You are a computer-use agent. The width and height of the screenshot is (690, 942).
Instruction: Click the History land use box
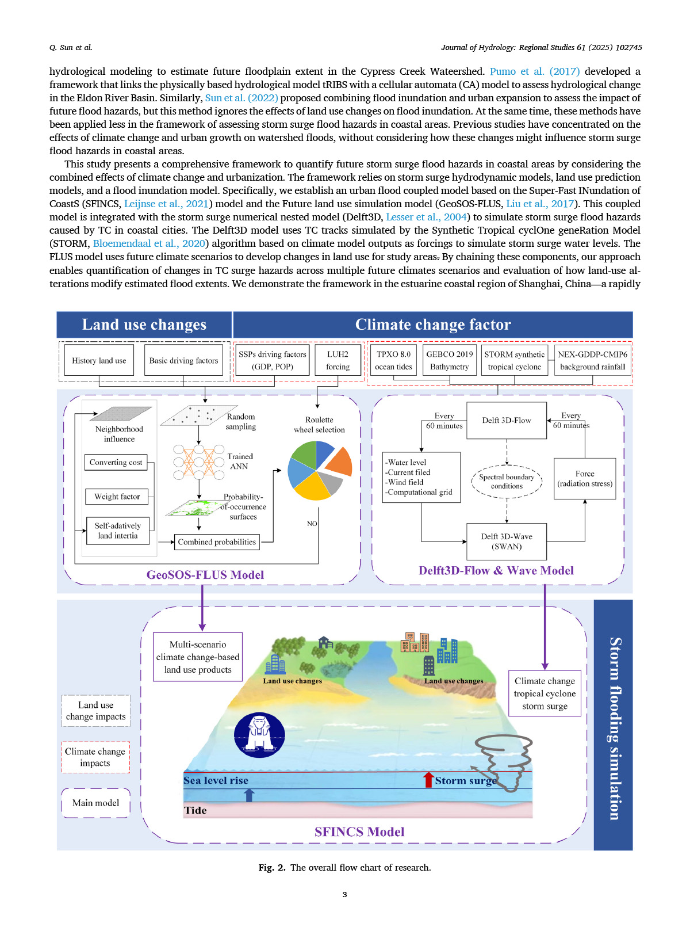[99, 360]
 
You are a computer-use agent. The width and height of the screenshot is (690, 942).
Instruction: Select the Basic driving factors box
[183, 360]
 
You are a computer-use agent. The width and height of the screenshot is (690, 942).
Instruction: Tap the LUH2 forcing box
[338, 360]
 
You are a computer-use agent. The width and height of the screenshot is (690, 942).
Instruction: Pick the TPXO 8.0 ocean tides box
[393, 360]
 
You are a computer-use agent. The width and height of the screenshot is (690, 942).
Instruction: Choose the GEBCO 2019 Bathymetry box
[449, 360]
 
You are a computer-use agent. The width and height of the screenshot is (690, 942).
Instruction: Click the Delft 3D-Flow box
[506, 421]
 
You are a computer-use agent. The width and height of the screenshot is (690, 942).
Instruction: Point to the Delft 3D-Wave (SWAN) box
[506, 541]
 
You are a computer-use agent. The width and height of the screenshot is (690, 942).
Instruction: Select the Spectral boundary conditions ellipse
[507, 482]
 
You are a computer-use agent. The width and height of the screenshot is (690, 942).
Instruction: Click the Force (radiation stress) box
[584, 479]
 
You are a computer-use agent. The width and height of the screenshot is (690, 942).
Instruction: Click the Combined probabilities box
[217, 542]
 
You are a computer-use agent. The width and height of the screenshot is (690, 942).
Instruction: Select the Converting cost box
[116, 463]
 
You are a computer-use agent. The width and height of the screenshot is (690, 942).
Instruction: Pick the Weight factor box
[117, 497]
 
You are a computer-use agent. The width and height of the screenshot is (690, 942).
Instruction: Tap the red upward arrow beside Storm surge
[428, 780]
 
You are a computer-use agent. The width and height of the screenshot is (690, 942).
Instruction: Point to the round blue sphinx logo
[259, 735]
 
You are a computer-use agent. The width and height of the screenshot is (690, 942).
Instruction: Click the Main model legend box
[95, 803]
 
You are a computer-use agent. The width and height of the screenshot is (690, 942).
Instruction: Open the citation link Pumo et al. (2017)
[534, 71]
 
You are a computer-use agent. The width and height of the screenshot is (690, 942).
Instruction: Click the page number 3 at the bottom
[344, 894]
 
